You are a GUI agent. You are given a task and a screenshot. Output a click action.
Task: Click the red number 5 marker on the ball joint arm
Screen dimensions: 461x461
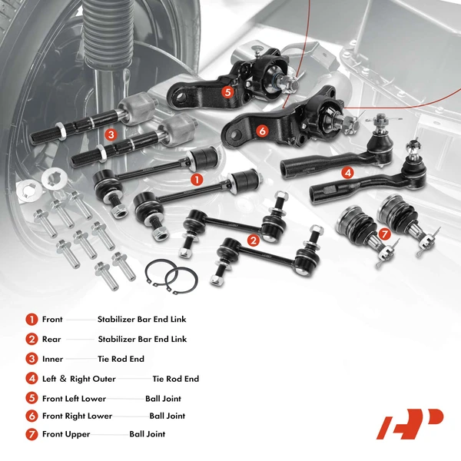[x=227, y=91]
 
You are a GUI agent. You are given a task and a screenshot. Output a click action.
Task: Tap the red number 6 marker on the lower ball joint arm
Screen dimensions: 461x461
[x=262, y=131]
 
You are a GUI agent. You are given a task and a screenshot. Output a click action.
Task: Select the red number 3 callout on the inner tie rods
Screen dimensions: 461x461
[x=111, y=134]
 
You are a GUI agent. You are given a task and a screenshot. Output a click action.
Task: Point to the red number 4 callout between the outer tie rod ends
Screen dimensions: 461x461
[x=347, y=174]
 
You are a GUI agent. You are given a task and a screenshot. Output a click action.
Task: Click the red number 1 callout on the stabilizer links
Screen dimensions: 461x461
[x=197, y=179]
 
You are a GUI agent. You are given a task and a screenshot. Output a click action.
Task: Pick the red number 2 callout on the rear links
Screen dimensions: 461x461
[x=252, y=240]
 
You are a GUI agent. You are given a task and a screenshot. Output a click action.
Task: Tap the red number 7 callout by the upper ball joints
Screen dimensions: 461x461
[x=384, y=234]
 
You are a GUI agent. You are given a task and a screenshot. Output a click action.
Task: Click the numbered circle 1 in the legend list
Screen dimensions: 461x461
[x=32, y=319]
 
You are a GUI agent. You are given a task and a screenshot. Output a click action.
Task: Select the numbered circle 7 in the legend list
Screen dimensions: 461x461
[x=32, y=434]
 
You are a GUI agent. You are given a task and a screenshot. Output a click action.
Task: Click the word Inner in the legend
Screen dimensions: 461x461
[x=53, y=358]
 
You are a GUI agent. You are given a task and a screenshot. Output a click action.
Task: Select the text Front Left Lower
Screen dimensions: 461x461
[x=74, y=399]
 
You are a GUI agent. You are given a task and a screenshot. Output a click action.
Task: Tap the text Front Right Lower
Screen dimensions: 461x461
[x=77, y=416]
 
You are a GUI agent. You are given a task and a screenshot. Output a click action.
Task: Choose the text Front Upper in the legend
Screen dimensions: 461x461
[x=66, y=434]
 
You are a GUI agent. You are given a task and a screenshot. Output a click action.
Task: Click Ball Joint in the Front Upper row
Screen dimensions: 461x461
[x=147, y=434]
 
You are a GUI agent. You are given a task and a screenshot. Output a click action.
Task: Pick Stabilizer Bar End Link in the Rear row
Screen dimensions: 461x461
[x=142, y=339]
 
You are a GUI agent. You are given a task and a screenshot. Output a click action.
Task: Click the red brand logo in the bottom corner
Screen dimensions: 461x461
[x=409, y=424]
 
